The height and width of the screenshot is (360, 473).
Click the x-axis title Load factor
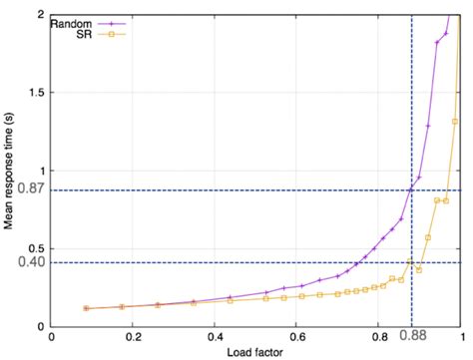pos(254,351)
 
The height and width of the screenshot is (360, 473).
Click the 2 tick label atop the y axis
pos(46,15)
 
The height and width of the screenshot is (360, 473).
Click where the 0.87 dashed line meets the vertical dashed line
pos(411,189)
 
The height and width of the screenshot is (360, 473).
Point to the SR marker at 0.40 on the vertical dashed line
pos(410,262)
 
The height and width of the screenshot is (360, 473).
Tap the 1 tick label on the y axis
pos(46,171)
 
